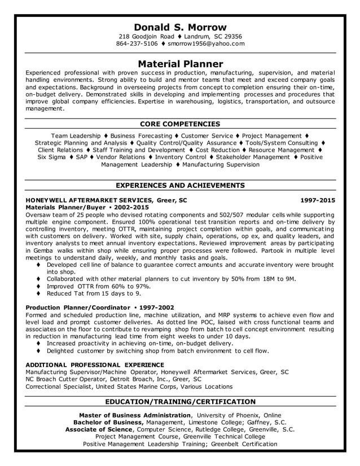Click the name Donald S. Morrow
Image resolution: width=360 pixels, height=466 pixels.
(180, 27)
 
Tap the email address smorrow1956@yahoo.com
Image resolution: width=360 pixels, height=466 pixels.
(206, 43)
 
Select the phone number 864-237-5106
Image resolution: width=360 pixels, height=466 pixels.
(137, 43)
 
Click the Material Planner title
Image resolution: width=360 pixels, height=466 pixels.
(180, 64)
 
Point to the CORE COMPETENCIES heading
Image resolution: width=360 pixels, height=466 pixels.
(180, 124)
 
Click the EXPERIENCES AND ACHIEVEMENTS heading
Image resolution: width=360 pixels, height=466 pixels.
(180, 185)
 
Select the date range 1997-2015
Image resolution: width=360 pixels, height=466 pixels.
(317, 200)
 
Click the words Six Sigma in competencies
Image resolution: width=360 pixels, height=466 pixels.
(52, 157)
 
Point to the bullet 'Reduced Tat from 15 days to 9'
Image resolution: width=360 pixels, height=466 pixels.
(94, 293)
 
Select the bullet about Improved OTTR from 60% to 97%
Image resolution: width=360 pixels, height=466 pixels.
(96, 286)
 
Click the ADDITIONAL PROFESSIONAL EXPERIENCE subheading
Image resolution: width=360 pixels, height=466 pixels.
(95, 365)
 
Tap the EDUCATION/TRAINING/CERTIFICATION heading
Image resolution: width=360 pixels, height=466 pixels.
(180, 401)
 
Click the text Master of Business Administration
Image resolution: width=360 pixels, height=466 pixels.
(135, 415)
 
